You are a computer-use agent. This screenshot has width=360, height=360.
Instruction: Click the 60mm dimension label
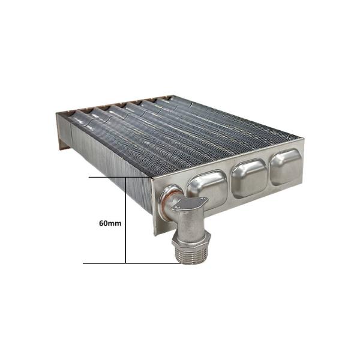pos(110,222)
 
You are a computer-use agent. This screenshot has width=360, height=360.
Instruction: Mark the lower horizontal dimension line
pos(120,263)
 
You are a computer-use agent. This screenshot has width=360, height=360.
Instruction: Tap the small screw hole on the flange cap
pos(203,200)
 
